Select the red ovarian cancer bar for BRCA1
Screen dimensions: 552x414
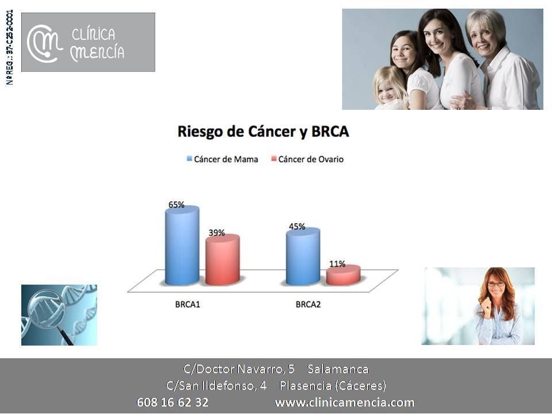[x=223, y=260]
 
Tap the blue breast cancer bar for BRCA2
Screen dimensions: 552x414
[x=303, y=256]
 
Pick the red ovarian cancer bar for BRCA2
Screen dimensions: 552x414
[x=343, y=275]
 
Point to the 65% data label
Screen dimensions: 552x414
[x=177, y=205]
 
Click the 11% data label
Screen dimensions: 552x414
[x=338, y=264]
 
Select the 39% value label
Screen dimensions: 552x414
[x=217, y=233]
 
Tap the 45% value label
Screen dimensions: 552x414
[x=297, y=227]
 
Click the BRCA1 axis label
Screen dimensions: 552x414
[x=187, y=305]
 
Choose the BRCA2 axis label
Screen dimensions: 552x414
[x=308, y=305]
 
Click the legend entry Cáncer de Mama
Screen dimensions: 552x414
[x=222, y=159]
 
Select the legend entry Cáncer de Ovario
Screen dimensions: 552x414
[x=307, y=159]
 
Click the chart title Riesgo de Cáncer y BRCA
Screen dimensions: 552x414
[x=263, y=131]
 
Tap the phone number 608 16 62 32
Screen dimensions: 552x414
[x=172, y=402]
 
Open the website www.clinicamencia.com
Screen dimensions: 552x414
[x=344, y=402]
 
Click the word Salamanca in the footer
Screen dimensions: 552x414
[x=338, y=369]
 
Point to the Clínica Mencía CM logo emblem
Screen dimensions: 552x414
[x=44, y=43]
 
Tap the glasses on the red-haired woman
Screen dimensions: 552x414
[x=496, y=283]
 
